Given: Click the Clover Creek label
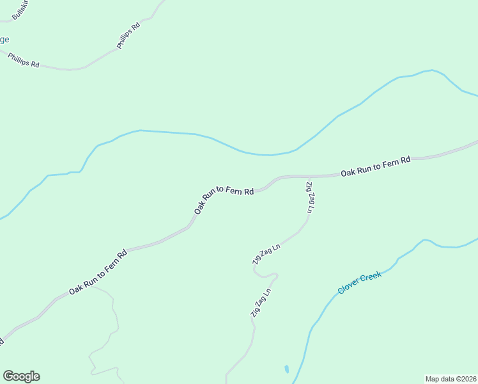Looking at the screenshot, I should click(359, 282).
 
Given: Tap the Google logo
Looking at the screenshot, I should click(21, 376).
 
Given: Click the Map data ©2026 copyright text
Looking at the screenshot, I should click(451, 379).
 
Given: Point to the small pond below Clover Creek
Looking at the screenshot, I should click(286, 369).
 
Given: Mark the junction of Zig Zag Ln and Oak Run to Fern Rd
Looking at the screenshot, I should click(309, 175).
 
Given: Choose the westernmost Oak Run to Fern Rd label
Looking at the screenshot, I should click(98, 272).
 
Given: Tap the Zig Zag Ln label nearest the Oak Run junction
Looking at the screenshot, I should click(310, 197).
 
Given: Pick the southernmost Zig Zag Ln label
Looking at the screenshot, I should click(261, 303).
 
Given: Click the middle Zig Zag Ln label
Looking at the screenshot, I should click(266, 254).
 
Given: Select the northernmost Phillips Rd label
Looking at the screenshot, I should click(128, 36).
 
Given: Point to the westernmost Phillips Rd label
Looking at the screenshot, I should click(24, 60).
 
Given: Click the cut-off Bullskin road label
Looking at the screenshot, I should click(20, 9).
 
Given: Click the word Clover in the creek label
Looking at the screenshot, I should click(348, 288).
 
